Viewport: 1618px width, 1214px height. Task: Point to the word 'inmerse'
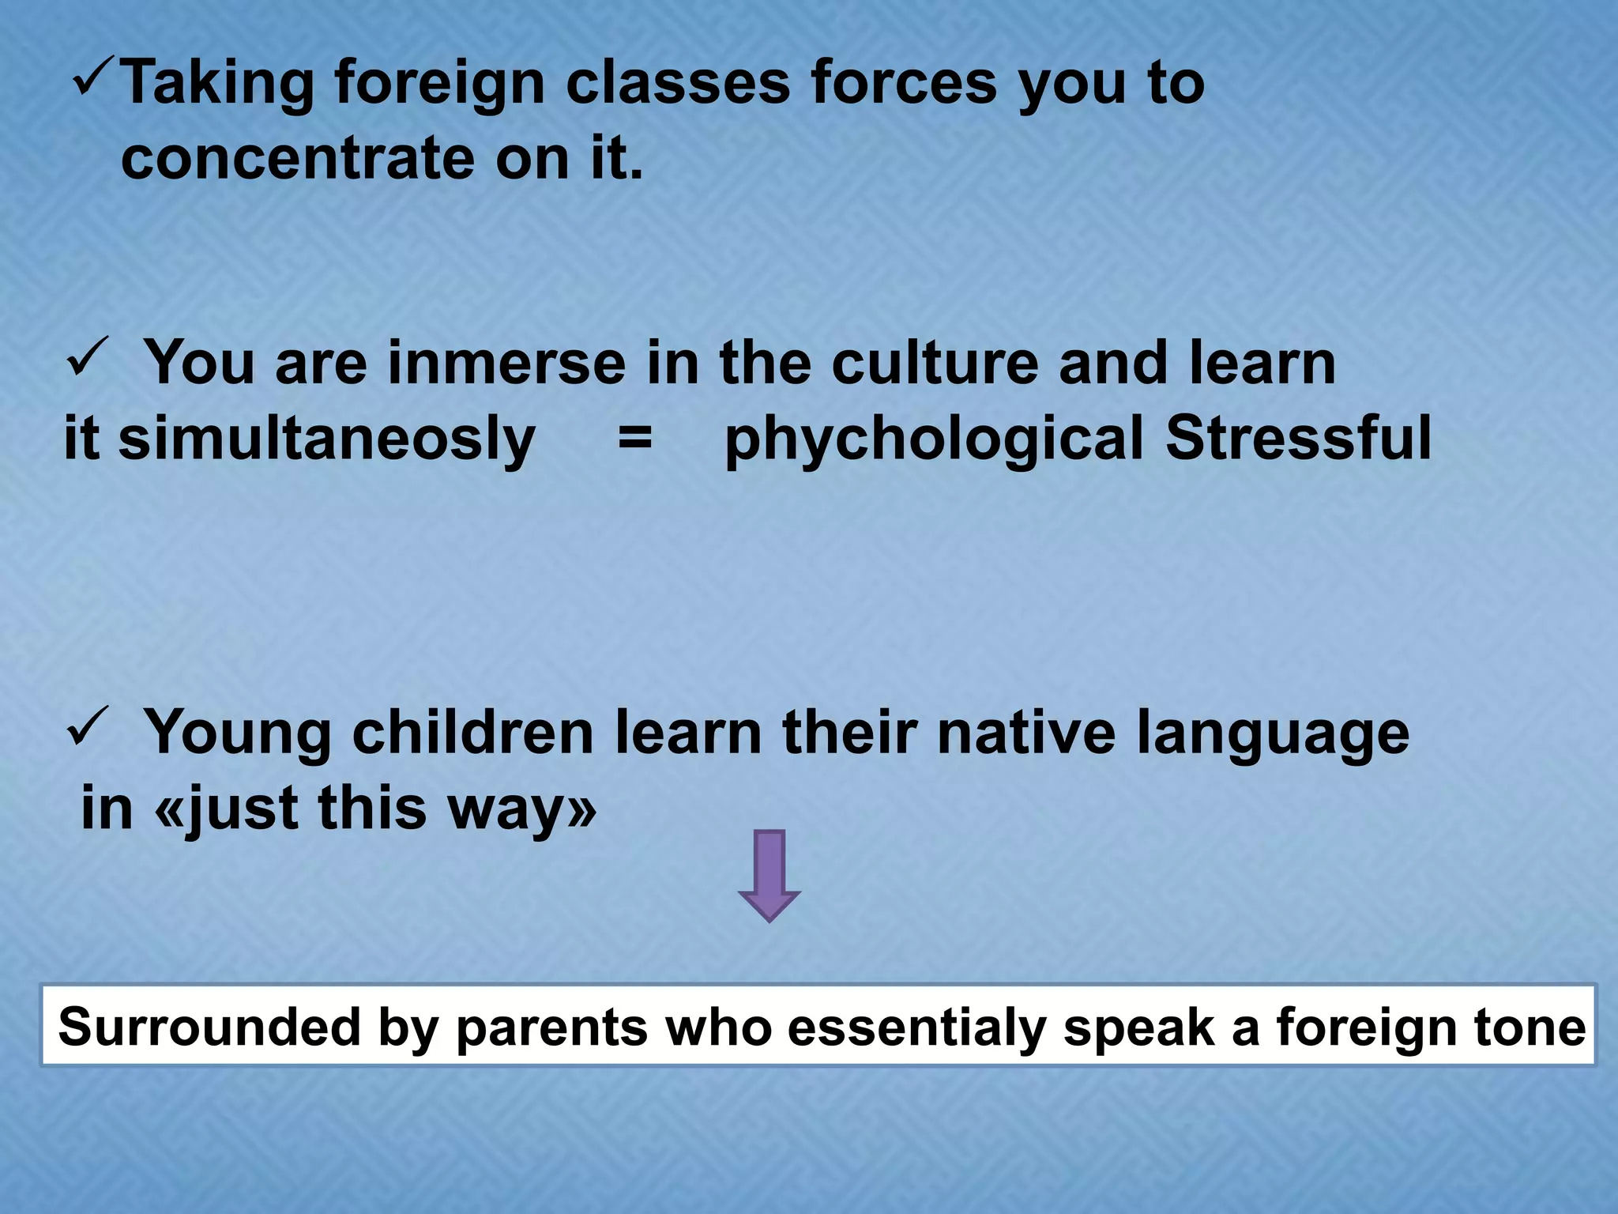click(506, 363)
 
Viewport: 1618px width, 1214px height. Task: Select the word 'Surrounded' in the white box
click(209, 1027)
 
